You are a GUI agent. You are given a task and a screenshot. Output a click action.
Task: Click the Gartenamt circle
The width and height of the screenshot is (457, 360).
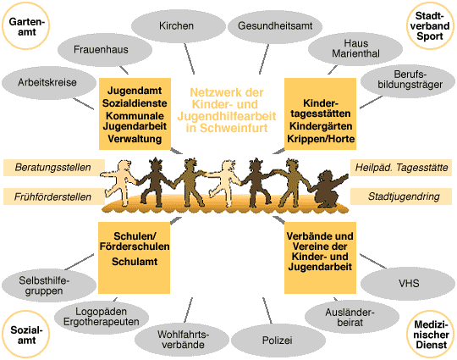(25, 26)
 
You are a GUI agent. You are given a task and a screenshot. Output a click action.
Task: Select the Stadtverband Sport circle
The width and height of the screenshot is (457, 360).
(430, 26)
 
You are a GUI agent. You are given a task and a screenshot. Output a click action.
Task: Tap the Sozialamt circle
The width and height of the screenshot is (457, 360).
(25, 335)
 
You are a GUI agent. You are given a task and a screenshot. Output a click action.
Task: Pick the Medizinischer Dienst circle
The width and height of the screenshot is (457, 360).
(430, 335)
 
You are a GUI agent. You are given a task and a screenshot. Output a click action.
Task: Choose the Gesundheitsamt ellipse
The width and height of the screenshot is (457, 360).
(275, 26)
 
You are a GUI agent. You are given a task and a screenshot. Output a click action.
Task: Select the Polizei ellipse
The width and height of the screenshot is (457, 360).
(278, 341)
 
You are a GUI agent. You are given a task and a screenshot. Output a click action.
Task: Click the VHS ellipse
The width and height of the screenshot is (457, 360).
(408, 284)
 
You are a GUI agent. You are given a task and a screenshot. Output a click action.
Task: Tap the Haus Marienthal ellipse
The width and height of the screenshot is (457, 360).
(355, 49)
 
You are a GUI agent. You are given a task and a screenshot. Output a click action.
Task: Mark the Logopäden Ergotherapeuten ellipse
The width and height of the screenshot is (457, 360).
(102, 317)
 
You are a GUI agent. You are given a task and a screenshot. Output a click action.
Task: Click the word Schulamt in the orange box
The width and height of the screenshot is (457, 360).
(135, 262)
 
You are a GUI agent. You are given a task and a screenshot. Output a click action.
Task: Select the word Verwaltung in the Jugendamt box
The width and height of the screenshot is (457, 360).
(135, 139)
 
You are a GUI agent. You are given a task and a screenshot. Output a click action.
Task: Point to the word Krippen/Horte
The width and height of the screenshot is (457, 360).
(321, 139)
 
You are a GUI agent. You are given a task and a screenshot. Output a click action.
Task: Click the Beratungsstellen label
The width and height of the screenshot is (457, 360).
(54, 168)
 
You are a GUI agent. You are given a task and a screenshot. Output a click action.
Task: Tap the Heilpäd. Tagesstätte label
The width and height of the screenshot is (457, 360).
(401, 168)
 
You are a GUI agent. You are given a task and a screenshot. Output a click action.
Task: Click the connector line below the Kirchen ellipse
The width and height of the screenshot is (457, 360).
(190, 58)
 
